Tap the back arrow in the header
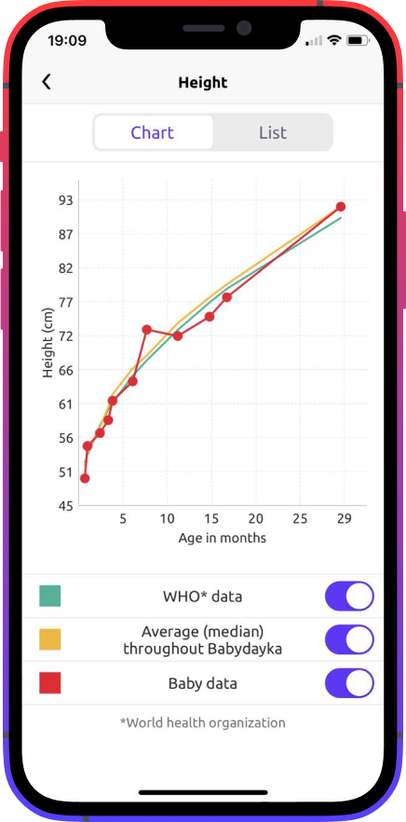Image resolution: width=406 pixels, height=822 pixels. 47,82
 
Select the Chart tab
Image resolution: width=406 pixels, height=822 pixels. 153,132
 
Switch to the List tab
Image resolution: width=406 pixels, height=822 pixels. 272,132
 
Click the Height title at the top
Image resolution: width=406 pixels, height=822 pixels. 203,83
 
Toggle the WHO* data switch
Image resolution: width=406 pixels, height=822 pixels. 349,596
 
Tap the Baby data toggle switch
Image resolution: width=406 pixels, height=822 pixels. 349,683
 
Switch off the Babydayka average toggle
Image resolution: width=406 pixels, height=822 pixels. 349,639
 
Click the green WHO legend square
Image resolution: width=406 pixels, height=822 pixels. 50,596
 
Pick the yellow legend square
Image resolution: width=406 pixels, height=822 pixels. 50,639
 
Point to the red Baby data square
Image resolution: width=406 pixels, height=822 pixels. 50,683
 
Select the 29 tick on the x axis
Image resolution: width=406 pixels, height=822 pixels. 344,519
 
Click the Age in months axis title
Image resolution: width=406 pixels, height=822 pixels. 222,538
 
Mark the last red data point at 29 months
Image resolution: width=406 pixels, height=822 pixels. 341,207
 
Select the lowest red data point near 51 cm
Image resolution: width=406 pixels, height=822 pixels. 85,478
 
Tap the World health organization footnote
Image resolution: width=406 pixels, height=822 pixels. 203,722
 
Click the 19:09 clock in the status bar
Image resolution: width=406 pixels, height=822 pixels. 67,41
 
